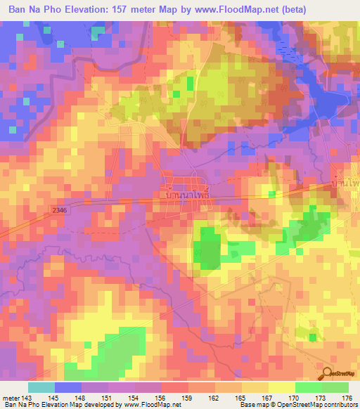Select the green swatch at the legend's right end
click(x=335, y=387)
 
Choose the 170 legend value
click(x=285, y=398)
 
